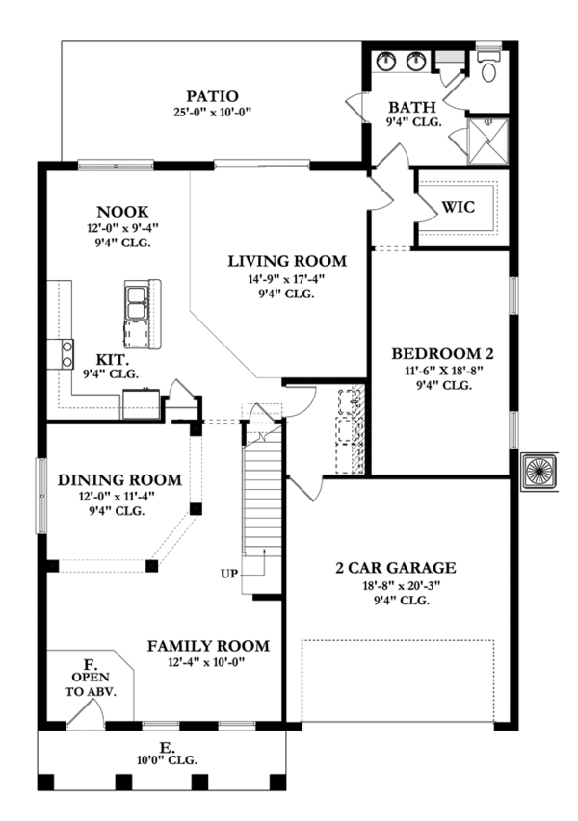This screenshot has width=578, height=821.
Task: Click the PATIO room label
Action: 212,96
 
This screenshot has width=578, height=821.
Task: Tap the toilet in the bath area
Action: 489,66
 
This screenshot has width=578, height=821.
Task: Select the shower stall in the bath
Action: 487,141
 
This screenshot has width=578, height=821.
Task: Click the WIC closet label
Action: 458,207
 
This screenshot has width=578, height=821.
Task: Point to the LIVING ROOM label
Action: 287,261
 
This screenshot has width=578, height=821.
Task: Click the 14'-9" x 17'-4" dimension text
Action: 286,279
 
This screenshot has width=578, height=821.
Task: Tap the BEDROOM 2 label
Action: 442,354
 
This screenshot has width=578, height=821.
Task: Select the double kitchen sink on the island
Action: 136,302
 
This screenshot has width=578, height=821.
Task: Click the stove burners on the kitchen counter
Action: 67,353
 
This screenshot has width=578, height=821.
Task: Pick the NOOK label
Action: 122,212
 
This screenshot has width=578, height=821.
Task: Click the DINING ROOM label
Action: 119,480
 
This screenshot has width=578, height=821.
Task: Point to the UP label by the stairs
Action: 229,574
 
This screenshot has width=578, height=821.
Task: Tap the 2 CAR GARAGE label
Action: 396,568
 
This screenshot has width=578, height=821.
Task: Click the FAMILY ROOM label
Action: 208,646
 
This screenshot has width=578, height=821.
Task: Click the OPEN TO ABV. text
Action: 91,683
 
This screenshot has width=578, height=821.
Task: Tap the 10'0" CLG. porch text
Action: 167,760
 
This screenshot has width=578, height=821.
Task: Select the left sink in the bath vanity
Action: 387,62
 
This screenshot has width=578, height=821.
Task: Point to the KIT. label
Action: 112,360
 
